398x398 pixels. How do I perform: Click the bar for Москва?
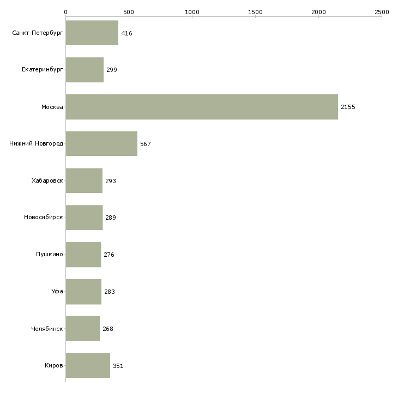pos(202,107)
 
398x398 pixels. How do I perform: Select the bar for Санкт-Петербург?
pos(92,33)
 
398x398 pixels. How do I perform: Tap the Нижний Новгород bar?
pos(101,144)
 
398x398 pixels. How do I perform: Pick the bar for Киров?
pos(88,365)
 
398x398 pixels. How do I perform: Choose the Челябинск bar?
pos(83,328)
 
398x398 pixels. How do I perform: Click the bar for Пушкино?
pos(83,255)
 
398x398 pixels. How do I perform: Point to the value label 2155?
pos(348,107)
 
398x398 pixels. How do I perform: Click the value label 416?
pos(126,33)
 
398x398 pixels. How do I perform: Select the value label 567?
pos(146,144)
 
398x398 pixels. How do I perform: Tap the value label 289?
pos(111,218)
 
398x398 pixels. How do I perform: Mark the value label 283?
pos(110,292)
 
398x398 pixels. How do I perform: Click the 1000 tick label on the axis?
pos(192,12)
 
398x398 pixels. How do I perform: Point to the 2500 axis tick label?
pos(382,12)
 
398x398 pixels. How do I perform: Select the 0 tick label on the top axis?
pos(66,12)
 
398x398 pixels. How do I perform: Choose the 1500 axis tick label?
pos(255,12)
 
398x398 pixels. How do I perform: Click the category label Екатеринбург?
pos(42,70)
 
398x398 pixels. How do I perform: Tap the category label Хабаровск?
pos(47,180)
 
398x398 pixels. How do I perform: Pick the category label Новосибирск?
pos(44,218)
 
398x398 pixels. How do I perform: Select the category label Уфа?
pos(57,291)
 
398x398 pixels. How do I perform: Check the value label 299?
pos(112,70)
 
